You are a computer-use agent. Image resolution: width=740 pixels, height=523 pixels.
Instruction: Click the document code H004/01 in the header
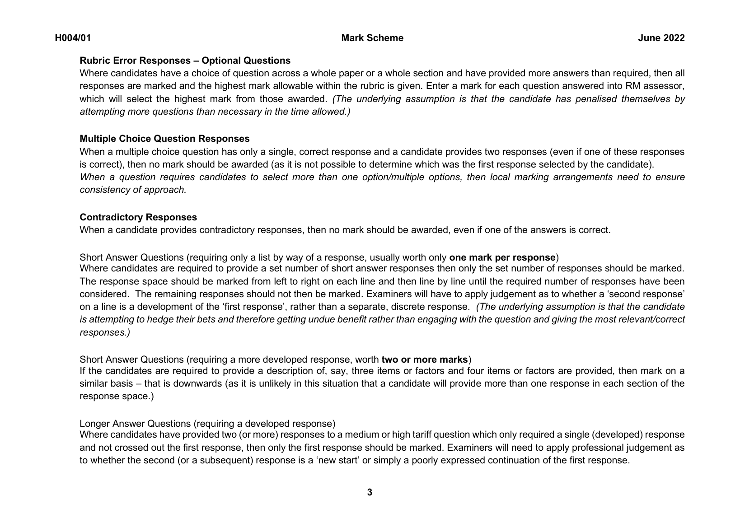click(73, 38)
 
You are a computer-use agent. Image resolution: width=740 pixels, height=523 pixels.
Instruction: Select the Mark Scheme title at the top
click(372, 38)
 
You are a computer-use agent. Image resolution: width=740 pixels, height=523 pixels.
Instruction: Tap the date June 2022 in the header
click(661, 38)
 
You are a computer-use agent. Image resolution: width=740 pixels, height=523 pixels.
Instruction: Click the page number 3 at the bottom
click(370, 492)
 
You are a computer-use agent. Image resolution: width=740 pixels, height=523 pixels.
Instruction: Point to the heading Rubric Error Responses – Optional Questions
click(185, 61)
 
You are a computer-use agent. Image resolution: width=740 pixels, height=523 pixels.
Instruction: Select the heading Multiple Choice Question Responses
click(164, 139)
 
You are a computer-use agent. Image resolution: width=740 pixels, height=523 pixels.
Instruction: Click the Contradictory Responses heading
click(138, 217)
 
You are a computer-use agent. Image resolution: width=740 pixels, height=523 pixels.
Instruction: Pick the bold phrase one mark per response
click(502, 257)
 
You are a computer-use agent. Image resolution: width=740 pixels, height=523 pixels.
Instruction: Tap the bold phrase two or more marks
click(424, 360)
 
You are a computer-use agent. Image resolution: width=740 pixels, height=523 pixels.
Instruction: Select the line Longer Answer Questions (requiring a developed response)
click(207, 424)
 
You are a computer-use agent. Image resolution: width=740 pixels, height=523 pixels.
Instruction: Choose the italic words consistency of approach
click(133, 190)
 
